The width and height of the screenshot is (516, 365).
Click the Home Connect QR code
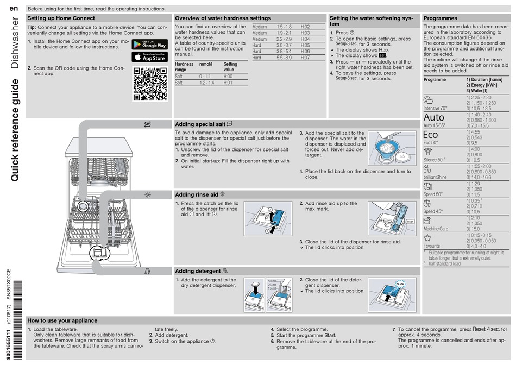(149, 84)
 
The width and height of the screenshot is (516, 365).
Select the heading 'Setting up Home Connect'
(61, 18)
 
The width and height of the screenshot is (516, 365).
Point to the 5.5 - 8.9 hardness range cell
(284, 58)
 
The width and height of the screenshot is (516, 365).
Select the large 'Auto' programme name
(433, 117)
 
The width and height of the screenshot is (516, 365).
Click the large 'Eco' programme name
(430, 135)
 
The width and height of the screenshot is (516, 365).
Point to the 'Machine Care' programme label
(436, 229)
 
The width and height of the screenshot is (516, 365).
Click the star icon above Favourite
(427, 237)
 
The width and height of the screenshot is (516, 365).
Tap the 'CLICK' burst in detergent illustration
(400, 284)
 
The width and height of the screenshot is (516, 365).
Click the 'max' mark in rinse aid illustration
(410, 222)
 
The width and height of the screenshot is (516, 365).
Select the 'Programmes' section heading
(440, 18)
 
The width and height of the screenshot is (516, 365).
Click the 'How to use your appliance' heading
(62, 320)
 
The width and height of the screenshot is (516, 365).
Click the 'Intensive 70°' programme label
(436, 108)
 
